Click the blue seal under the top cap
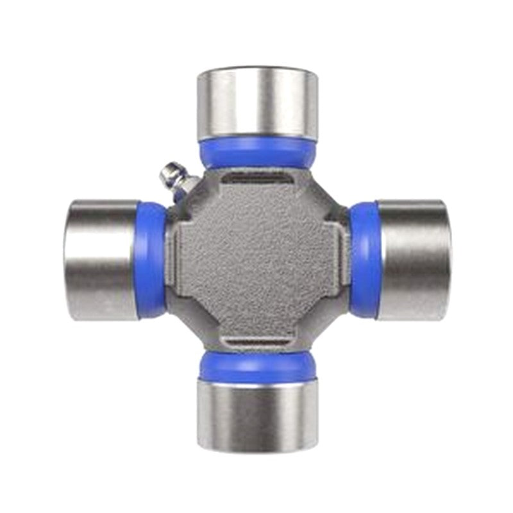point(256,153)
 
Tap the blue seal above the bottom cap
point(256,367)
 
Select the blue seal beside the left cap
point(151,260)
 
